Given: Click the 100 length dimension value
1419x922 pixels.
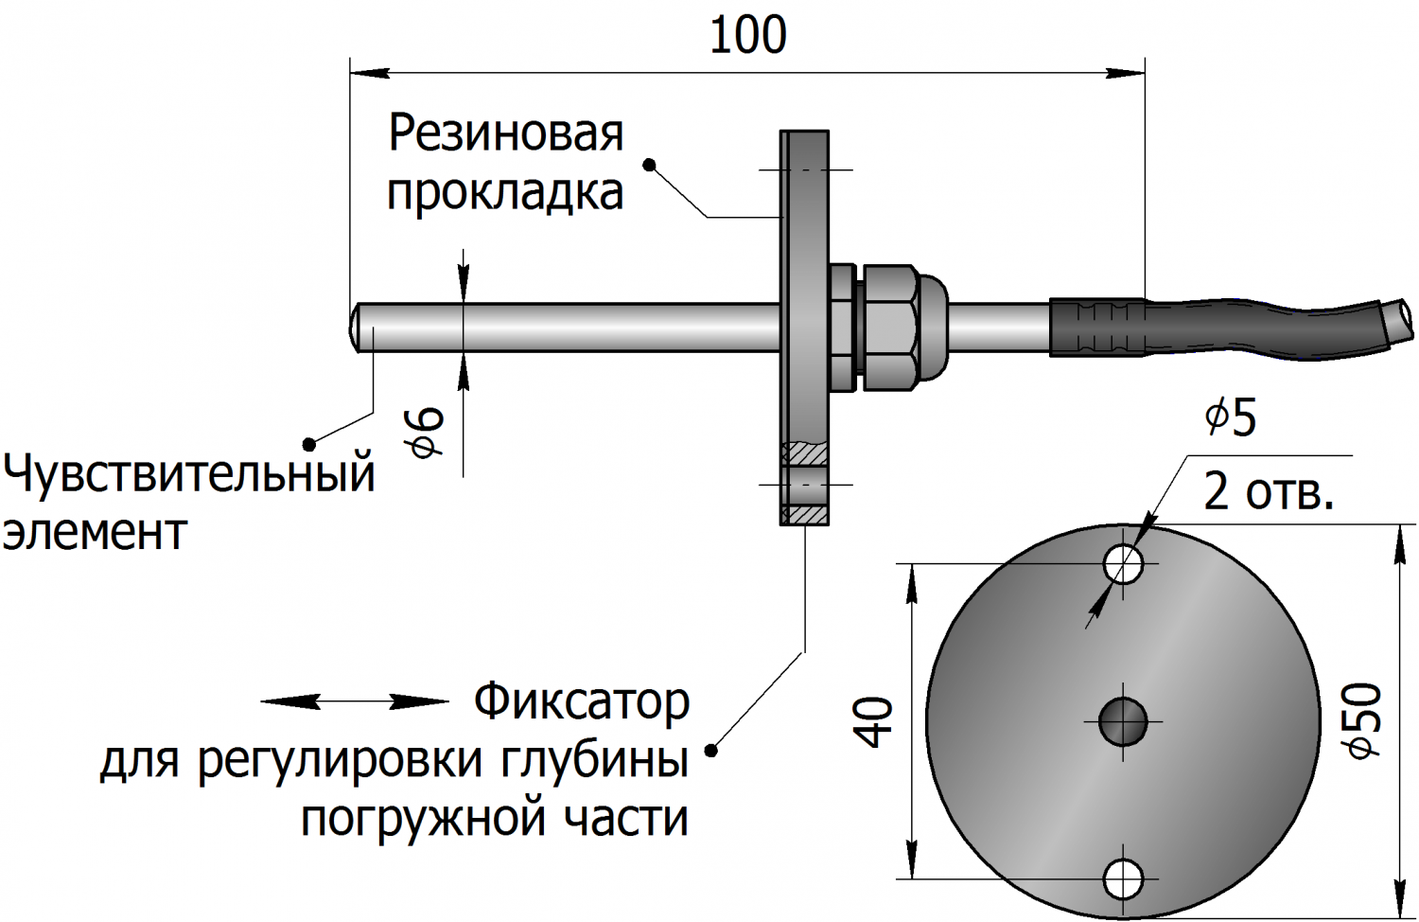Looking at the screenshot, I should (x=747, y=36).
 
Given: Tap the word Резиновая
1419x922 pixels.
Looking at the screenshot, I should (x=506, y=133).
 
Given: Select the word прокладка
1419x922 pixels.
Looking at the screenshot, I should (x=506, y=193).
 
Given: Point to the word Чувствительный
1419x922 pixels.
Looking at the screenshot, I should (x=190, y=472).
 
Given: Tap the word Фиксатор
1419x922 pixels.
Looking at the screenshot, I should (x=582, y=702).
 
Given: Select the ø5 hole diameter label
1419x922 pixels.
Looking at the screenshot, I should (x=1231, y=417).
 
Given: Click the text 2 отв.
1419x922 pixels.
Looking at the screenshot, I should (x=1268, y=492).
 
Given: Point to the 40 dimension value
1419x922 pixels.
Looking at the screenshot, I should (x=878, y=721).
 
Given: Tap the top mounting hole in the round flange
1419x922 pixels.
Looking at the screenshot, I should (x=1124, y=565).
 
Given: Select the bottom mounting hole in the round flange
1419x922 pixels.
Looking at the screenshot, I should (x=1124, y=878).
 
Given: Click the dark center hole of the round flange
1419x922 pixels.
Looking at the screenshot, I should (x=1124, y=722).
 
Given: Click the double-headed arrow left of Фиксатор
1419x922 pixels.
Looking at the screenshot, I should (x=354, y=701).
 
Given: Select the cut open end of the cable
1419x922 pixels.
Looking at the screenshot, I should (x=1398, y=319).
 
